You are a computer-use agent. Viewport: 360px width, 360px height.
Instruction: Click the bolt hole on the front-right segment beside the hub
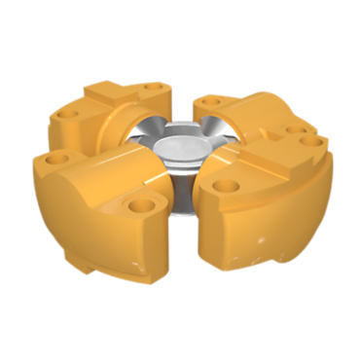pyautogui.click(x=227, y=183)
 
